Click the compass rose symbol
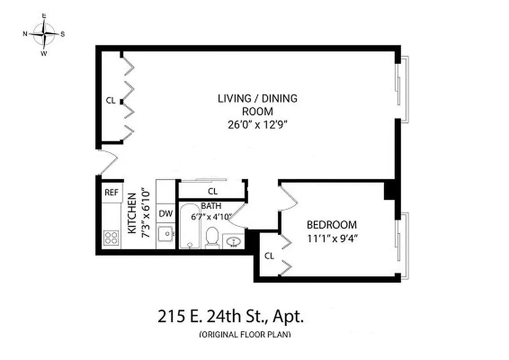click(x=44, y=34)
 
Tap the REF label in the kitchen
click(x=111, y=193)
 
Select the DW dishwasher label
click(x=165, y=214)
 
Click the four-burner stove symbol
click(x=111, y=237)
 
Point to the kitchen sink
click(x=165, y=234)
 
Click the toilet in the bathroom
click(x=212, y=238)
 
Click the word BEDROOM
click(x=331, y=225)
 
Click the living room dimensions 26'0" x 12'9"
click(x=258, y=125)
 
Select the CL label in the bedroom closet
click(x=269, y=256)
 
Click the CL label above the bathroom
click(x=213, y=191)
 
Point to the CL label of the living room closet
click(x=111, y=100)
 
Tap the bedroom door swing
click(x=288, y=198)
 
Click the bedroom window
click(x=402, y=246)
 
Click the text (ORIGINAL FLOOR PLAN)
click(x=245, y=334)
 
